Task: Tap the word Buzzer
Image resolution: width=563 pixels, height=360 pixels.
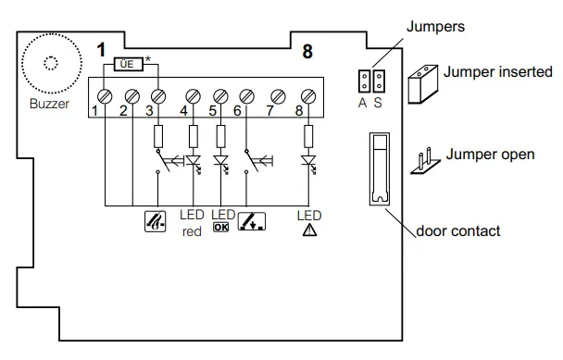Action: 48,104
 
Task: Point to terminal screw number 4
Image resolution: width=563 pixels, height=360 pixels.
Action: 194,96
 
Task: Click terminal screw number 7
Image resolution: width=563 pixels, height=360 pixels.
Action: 275,96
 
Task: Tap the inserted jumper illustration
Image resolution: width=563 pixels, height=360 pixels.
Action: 424,84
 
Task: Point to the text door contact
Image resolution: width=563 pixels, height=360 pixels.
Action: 457,230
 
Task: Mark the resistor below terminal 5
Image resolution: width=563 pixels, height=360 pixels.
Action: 220,134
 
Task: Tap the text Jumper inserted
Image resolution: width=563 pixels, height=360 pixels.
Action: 498,72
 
